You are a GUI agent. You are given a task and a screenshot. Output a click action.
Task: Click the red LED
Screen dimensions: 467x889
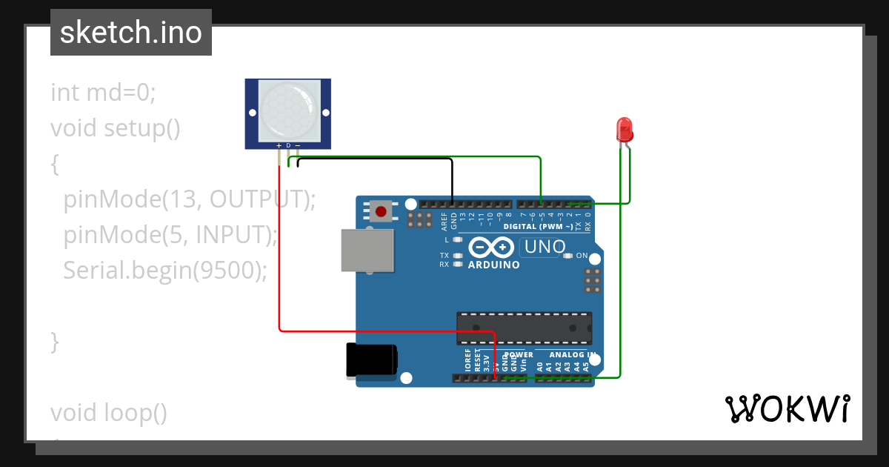(625, 129)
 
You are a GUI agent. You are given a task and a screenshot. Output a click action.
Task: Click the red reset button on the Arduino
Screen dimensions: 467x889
(382, 211)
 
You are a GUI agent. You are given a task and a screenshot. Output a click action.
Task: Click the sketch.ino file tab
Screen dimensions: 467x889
(131, 33)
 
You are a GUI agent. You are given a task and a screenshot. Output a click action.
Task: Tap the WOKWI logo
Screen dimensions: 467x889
(787, 408)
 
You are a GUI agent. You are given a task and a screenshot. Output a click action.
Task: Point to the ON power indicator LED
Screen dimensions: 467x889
(568, 256)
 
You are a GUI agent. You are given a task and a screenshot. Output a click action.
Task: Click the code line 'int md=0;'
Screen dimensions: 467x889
(103, 93)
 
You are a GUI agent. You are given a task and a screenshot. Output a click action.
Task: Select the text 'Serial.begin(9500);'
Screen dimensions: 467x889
(164, 271)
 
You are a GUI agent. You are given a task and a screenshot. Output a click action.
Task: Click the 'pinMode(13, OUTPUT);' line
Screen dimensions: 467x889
(190, 199)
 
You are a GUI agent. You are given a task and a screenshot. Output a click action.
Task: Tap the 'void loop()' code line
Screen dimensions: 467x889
(109, 413)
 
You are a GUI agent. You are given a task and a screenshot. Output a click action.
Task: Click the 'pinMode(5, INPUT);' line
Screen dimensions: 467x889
(170, 235)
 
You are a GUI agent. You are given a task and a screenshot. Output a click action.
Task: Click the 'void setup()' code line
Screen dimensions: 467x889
(116, 128)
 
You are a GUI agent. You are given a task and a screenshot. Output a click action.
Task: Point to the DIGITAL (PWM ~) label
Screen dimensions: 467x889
(538, 226)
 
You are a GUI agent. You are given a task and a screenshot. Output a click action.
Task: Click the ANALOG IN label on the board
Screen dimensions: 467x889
(573, 354)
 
